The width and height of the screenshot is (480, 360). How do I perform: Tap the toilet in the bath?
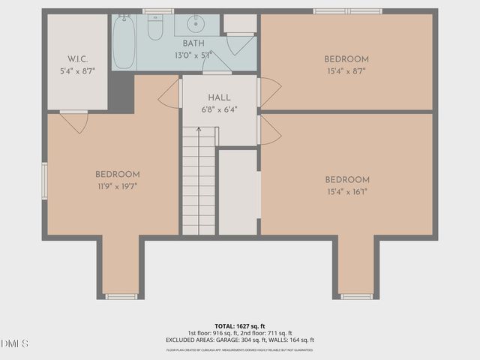tap(155, 28)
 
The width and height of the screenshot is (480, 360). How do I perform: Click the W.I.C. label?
tap(78, 59)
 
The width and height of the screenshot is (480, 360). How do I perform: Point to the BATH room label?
tap(193, 43)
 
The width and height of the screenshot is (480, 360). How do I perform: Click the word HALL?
tap(219, 97)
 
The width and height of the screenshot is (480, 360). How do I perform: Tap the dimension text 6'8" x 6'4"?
tap(219, 109)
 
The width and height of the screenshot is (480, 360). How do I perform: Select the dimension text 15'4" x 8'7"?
tap(346, 71)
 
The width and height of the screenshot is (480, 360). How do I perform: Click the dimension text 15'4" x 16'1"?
tap(346, 191)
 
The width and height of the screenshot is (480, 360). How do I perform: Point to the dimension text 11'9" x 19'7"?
tap(117, 186)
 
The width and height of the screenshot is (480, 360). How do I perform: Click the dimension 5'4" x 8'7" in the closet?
tap(78, 71)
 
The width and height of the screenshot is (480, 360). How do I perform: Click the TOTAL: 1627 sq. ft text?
tap(240, 326)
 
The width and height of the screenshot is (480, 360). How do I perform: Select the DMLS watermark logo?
tap(15, 343)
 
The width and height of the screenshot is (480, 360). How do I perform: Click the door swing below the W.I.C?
tap(75, 121)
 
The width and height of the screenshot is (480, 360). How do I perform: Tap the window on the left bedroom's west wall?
tap(44, 181)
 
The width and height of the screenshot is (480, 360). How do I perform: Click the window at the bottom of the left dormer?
tap(120, 296)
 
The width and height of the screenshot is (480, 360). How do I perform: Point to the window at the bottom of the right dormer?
tap(356, 296)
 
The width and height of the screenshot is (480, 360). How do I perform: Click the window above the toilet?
tap(158, 11)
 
